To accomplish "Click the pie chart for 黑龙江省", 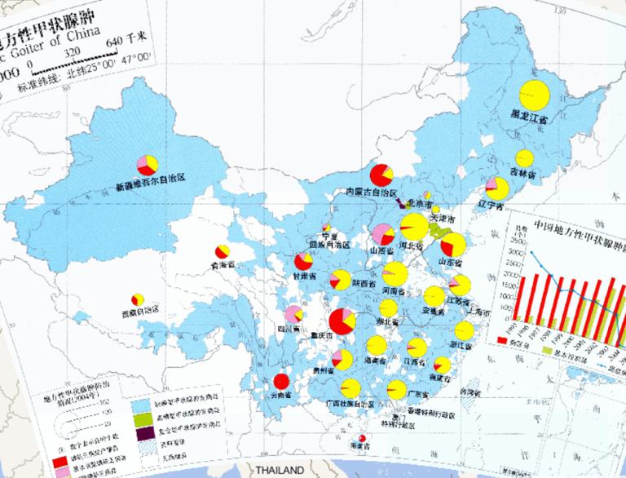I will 535,95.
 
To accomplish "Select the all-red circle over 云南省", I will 282,381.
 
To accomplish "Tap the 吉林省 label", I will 522,173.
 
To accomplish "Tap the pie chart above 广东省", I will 397,388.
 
